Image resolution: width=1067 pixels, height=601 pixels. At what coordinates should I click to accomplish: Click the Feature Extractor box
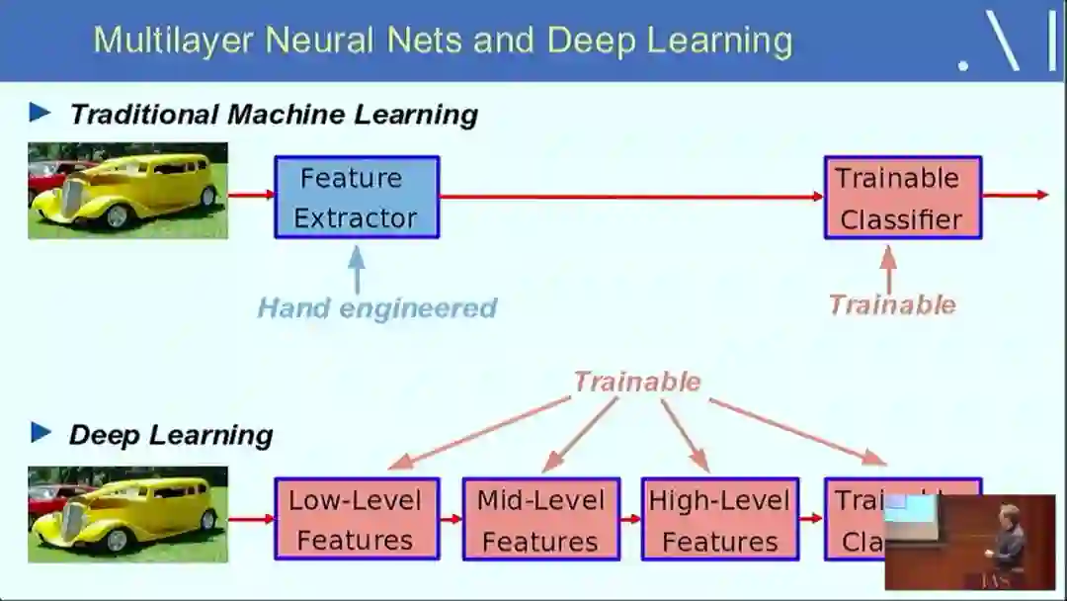[356, 198]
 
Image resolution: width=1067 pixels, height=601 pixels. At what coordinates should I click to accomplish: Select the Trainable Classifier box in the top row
[902, 198]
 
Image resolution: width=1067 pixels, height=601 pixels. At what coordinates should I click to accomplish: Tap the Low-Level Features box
[356, 519]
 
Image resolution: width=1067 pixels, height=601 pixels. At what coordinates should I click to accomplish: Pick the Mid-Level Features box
[540, 519]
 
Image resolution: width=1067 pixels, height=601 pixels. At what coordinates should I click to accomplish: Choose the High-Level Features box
[719, 519]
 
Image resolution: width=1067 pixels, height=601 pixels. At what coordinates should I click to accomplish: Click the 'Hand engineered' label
[376, 307]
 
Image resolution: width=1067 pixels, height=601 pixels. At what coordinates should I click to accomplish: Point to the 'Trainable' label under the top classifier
[892, 304]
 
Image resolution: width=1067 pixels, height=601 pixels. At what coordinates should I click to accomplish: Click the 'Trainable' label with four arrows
[637, 382]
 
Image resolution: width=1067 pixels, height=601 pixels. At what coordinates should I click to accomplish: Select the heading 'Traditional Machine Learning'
[274, 114]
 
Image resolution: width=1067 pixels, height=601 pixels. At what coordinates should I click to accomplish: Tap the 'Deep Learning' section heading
[171, 435]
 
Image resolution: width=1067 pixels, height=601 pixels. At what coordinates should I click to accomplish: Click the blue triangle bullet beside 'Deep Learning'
[41, 432]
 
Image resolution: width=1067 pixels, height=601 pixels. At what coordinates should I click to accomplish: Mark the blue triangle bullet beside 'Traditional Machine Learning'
[41, 112]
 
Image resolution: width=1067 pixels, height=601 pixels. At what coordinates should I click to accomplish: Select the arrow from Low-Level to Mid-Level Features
[451, 519]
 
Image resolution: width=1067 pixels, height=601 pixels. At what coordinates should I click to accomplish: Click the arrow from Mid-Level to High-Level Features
[630, 519]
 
